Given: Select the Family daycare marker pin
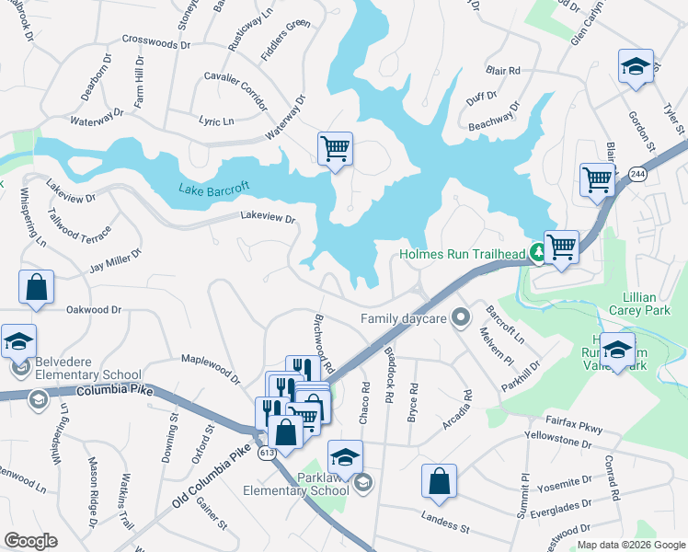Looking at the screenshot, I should coord(461,318).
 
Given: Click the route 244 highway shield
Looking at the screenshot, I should coord(636,173).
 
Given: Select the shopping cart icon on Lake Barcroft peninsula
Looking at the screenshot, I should coord(335,147).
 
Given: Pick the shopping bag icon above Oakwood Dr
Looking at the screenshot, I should coord(36,286).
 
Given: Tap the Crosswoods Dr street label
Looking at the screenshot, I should coord(155,42).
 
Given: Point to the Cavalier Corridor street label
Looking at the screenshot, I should coord(235,81).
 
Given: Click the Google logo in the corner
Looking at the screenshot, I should coord(31,541).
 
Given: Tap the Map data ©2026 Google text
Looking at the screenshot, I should coord(631,545).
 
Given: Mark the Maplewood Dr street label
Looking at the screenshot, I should coord(210,363).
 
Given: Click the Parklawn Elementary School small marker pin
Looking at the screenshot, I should coord(363,481).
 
